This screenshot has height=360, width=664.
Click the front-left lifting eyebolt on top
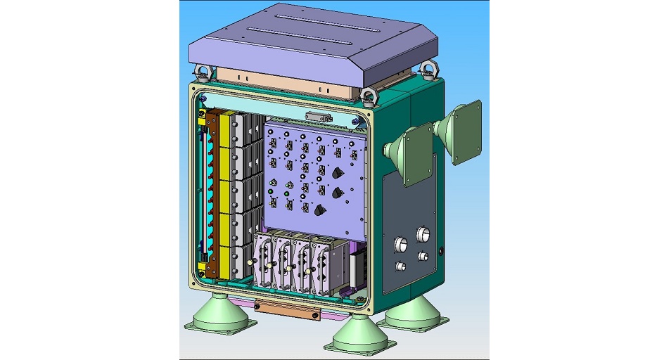tap(203, 71)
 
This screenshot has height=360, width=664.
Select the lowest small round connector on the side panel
tap(401, 267)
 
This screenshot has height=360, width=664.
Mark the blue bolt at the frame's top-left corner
tap(203, 97)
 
